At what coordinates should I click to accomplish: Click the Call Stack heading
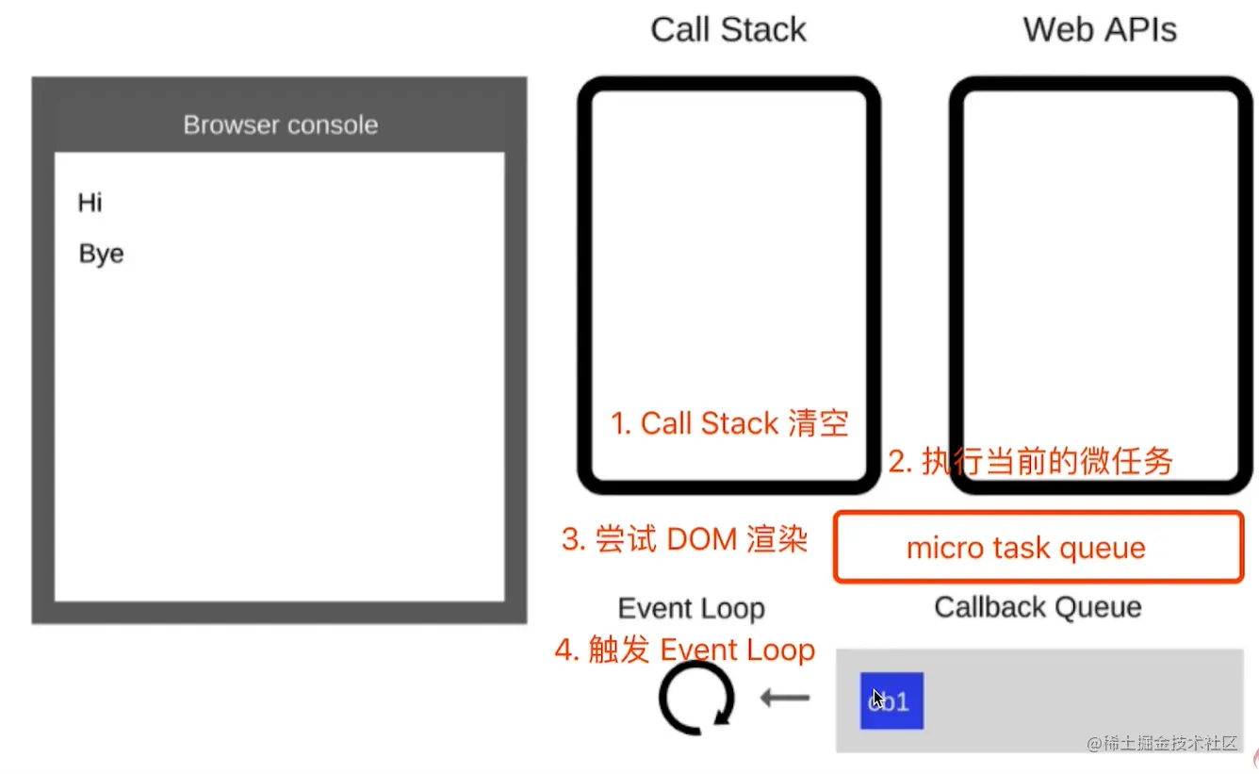(x=728, y=29)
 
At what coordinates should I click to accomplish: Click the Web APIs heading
(x=1100, y=29)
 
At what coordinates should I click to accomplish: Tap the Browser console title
(x=280, y=125)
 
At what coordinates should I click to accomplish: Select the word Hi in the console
(x=90, y=203)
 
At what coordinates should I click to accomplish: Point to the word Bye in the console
(x=101, y=255)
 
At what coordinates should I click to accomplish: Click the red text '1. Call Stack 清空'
(x=729, y=423)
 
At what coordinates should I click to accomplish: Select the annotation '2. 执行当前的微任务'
(x=1031, y=461)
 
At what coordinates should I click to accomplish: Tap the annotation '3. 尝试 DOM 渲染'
(x=685, y=539)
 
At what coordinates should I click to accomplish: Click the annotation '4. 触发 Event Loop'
(x=685, y=650)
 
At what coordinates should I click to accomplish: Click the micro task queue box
(x=1038, y=548)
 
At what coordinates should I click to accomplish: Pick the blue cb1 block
(x=891, y=700)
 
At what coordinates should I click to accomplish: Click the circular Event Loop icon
(x=696, y=699)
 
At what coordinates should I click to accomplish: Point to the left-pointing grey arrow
(x=785, y=699)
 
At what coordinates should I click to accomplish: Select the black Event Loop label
(x=691, y=609)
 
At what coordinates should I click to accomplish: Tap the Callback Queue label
(x=1038, y=607)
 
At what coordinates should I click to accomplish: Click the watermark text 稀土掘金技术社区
(x=1162, y=744)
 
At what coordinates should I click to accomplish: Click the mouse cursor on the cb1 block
(x=878, y=699)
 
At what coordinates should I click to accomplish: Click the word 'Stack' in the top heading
(x=763, y=29)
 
